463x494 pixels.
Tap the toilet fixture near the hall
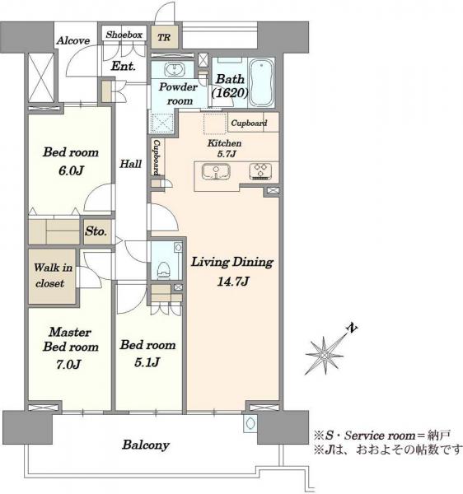164,269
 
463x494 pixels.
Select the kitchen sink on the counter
216,172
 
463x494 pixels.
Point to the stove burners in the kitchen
260,172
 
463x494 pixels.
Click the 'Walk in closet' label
53,275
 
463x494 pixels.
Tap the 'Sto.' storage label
96,231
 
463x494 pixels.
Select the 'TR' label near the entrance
164,38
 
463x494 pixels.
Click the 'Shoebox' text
124,35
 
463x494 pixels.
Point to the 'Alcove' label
73,40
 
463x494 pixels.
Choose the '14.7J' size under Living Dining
233,282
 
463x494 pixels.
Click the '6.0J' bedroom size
71,170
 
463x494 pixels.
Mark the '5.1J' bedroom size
147,362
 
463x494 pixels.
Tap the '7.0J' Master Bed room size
68,365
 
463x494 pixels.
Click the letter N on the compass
352,329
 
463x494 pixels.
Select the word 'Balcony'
146,445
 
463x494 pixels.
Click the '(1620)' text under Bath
230,93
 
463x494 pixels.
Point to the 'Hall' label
130,164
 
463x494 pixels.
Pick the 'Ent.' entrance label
124,66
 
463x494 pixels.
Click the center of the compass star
325,356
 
